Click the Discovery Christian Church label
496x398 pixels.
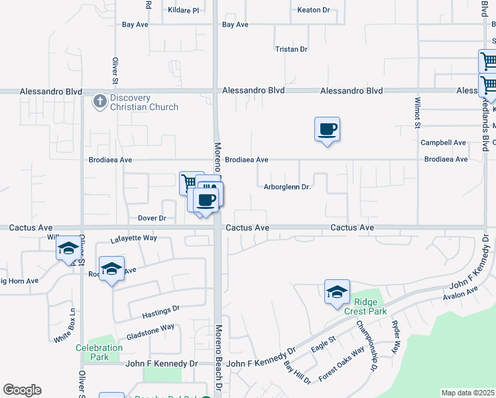pyautogui.click(x=144, y=103)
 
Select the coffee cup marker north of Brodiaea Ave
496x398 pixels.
pyautogui.click(x=327, y=129)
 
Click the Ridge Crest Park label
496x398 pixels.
pyautogui.click(x=361, y=306)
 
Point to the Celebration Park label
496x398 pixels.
pyautogui.click(x=99, y=352)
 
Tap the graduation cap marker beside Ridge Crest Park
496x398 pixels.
pyautogui.click(x=337, y=291)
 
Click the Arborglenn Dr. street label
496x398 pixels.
pyautogui.click(x=288, y=187)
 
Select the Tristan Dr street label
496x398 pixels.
pyautogui.click(x=292, y=49)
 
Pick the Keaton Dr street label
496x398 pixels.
pyautogui.click(x=314, y=11)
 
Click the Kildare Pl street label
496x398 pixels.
pyautogui.click(x=182, y=11)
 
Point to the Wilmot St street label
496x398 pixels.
pyautogui.click(x=418, y=112)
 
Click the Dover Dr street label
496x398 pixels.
pyautogui.click(x=152, y=218)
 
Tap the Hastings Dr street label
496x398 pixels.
pyautogui.click(x=161, y=310)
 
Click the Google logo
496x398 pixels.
pyautogui.click(x=22, y=390)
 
